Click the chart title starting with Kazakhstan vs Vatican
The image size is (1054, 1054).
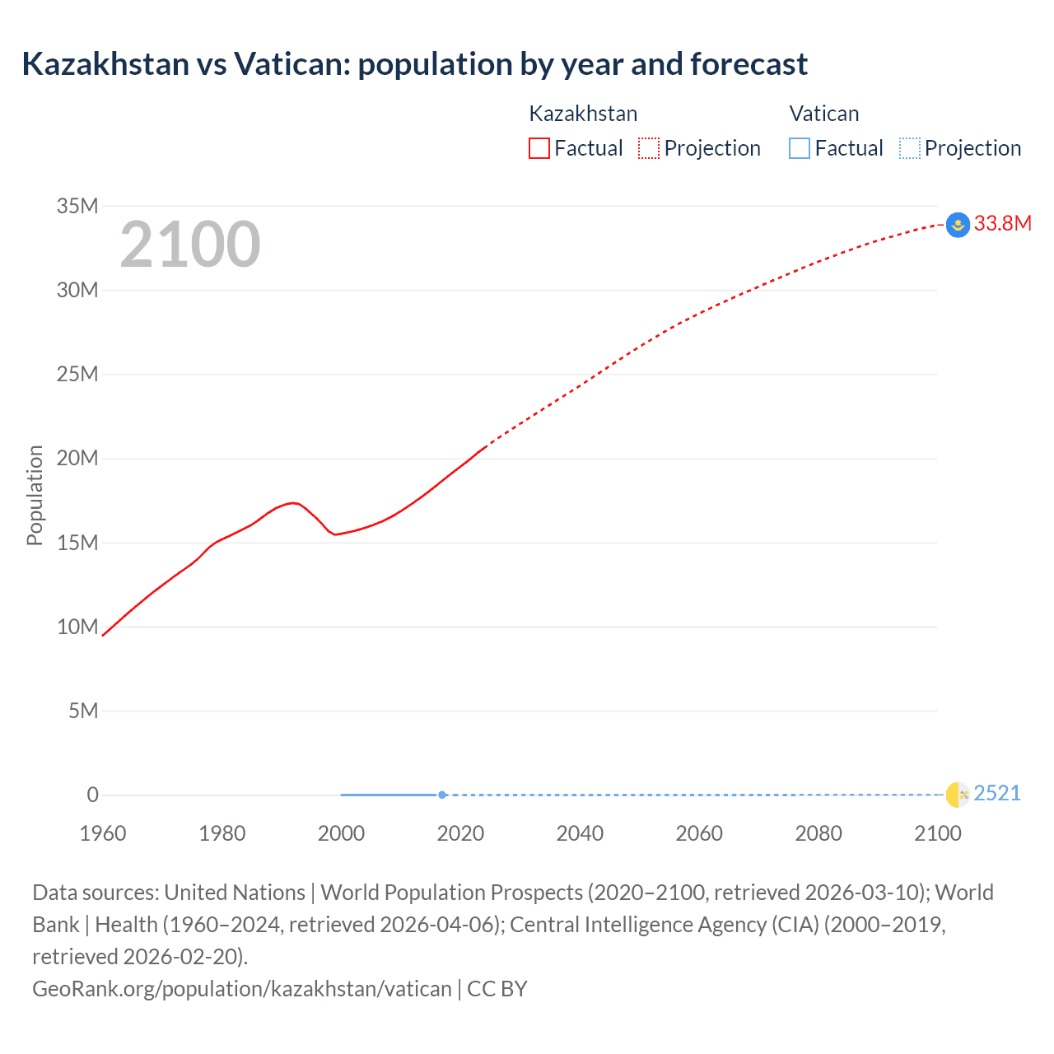pyautogui.click(x=414, y=64)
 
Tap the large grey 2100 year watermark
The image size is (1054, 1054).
pyautogui.click(x=190, y=245)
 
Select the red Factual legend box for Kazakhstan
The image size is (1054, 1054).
pyautogui.click(x=539, y=148)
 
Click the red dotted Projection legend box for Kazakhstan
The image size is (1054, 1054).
pyautogui.click(x=649, y=148)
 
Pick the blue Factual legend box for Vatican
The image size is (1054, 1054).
pyautogui.click(x=799, y=148)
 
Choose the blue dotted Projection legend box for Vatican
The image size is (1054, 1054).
pyautogui.click(x=909, y=148)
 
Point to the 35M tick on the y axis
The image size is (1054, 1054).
pyautogui.click(x=77, y=206)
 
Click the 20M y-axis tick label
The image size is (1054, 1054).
pyautogui.click(x=77, y=458)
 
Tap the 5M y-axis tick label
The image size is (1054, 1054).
pyautogui.click(x=83, y=711)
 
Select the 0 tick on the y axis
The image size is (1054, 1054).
pyautogui.click(x=93, y=795)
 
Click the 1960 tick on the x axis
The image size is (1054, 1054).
pyautogui.click(x=103, y=833)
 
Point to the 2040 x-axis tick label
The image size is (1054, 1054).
pyautogui.click(x=580, y=833)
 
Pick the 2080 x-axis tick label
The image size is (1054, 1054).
pyautogui.click(x=818, y=833)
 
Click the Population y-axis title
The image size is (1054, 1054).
pyautogui.click(x=35, y=495)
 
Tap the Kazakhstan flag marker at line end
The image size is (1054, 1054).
pyautogui.click(x=958, y=225)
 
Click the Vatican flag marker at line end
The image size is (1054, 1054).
pyautogui.click(x=958, y=795)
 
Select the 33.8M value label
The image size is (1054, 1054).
pyautogui.click(x=1003, y=224)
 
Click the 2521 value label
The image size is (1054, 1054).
pyautogui.click(x=997, y=794)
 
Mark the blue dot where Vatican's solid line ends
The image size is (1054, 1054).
pyautogui.click(x=442, y=795)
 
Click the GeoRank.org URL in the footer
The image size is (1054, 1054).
pyautogui.click(x=242, y=989)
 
